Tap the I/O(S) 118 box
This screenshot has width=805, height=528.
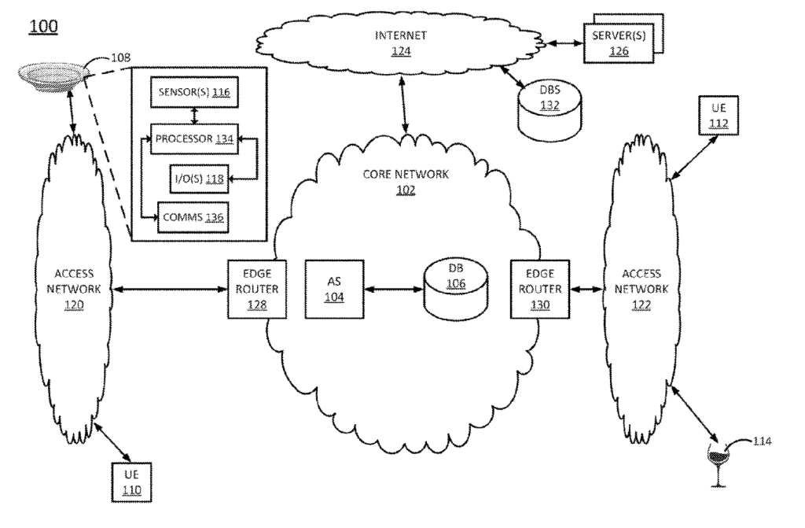tap(198, 179)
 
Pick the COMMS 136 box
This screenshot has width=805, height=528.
tap(193, 218)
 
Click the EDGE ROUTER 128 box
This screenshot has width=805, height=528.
tap(252, 289)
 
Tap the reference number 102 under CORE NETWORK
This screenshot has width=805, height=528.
tap(406, 190)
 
